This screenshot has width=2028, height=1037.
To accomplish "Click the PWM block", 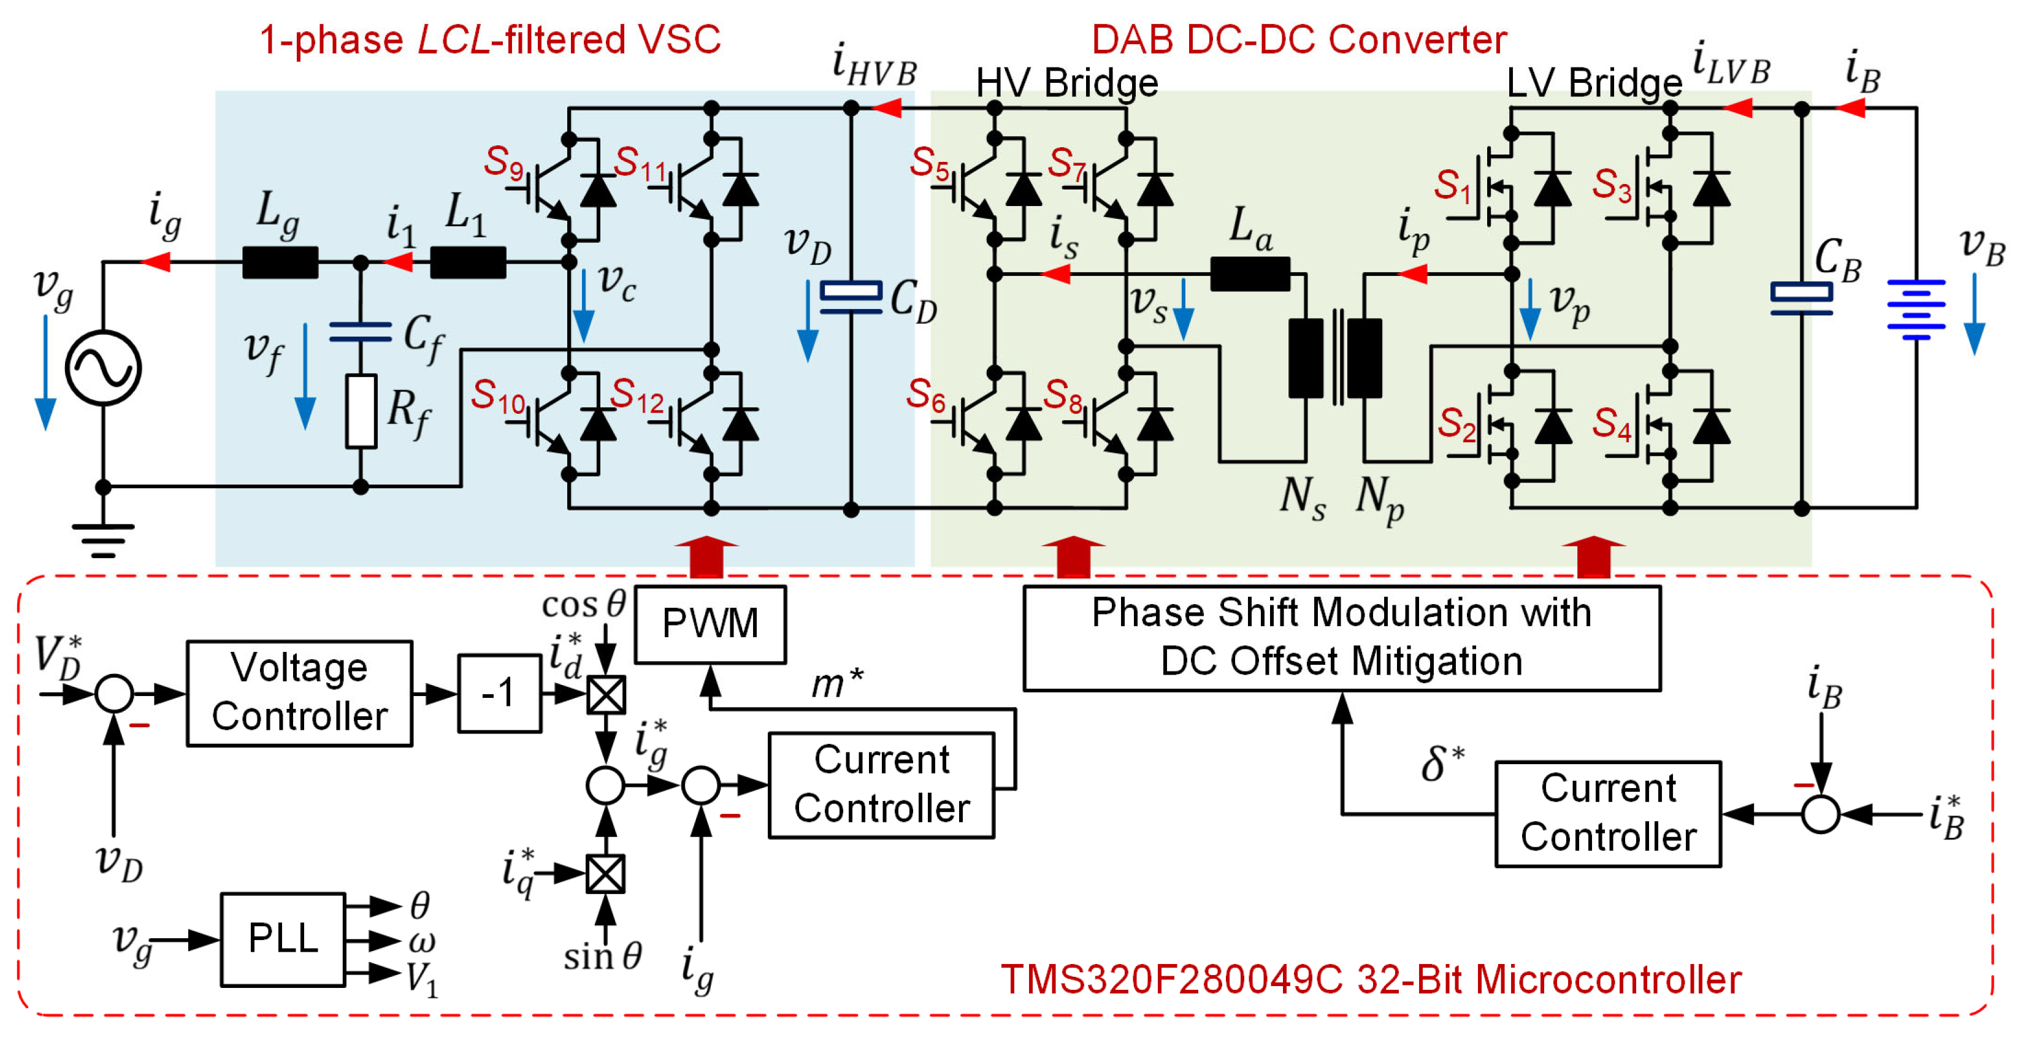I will coord(710,624).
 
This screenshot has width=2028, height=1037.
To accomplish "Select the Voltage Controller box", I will coord(299,693).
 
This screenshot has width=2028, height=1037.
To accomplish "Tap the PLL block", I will coord(283,939).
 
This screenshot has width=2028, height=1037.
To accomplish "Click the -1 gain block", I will coord(499,694).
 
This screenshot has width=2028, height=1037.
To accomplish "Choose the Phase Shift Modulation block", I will coord(1342,638).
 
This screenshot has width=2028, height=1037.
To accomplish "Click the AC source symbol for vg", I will coord(103,368).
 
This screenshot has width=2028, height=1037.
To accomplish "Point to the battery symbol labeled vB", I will coord(1916,310).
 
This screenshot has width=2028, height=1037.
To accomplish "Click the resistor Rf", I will coord(361,411).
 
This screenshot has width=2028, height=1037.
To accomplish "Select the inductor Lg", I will coord(280,262).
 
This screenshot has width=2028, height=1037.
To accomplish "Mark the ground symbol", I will coord(103,540).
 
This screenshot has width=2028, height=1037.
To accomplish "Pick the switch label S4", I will coord(1611,424).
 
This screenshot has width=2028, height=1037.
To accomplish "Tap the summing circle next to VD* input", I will coord(114,694).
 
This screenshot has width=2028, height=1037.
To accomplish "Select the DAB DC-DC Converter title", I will coord(1299,39).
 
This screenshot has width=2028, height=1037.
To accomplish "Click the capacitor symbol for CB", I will coord(1801,297).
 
